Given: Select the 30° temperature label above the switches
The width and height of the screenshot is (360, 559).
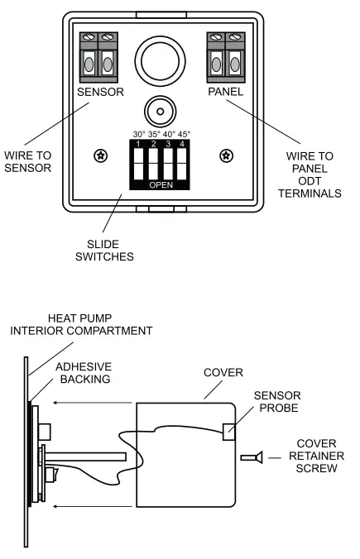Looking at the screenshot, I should (139, 134).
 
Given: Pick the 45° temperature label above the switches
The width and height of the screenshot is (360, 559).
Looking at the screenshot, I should (183, 134).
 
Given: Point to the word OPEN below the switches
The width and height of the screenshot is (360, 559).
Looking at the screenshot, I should (161, 185).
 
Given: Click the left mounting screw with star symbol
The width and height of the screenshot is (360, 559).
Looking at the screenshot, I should (100, 155).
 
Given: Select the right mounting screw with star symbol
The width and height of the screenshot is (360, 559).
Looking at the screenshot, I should (224, 155).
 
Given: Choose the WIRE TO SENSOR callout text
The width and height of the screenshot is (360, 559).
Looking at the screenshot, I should (27, 160).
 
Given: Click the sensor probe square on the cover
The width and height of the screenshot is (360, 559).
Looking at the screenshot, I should (231, 429).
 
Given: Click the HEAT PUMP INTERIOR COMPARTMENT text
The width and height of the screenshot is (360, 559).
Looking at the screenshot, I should (81, 324).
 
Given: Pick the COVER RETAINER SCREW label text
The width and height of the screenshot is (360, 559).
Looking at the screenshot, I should (313, 456).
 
